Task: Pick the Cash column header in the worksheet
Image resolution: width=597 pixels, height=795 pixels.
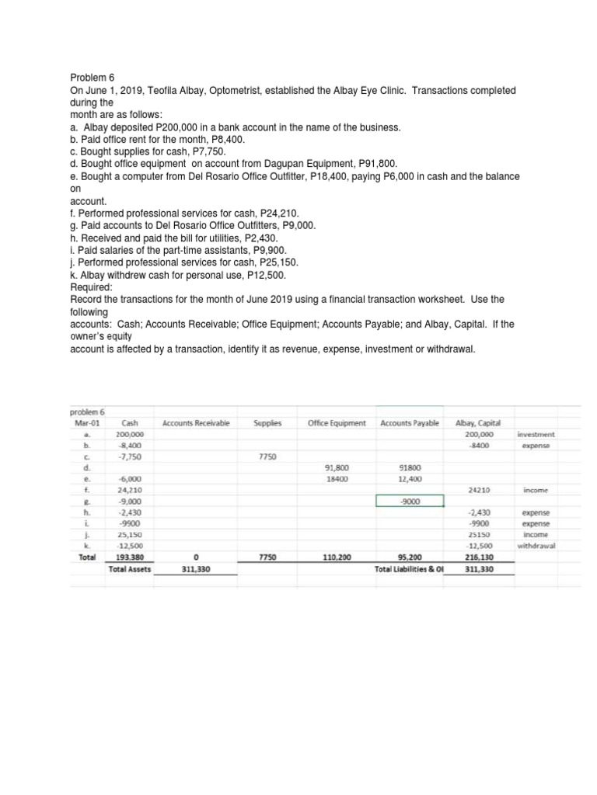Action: [x=130, y=422]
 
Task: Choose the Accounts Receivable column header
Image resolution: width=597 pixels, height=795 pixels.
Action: [x=197, y=423]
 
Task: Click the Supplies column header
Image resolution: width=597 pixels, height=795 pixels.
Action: [x=267, y=423]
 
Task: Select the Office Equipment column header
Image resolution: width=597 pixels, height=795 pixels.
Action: [x=336, y=423]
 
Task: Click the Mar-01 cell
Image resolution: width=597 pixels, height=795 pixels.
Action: [x=86, y=422]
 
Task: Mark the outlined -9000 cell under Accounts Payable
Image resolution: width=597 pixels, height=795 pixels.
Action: [x=410, y=501]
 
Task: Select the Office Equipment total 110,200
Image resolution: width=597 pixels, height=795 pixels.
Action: [x=335, y=557]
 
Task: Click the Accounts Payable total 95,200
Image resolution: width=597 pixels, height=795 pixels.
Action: [x=409, y=557]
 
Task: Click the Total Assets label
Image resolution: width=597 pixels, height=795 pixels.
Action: [x=130, y=568]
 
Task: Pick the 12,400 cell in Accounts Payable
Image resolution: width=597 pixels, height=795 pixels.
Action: [x=409, y=478]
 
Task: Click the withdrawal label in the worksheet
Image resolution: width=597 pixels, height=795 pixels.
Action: [x=536, y=545]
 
